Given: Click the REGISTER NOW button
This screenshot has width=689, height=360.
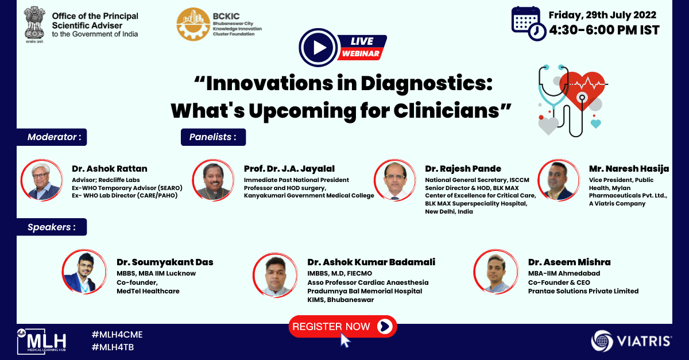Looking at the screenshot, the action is coord(342,327).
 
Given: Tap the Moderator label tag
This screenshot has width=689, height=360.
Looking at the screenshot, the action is coord(52,137).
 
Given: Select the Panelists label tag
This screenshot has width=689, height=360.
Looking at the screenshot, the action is coord(213,137).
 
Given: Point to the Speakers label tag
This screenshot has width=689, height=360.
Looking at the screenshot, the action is coord(52,227).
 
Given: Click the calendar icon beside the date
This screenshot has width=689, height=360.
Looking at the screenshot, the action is coord(528,24).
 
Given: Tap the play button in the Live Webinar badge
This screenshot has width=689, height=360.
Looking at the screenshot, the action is coord(318,48).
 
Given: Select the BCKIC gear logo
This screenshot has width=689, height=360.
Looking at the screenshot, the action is coord(193,24).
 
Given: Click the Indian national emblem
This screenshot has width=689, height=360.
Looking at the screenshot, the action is coord(34,25).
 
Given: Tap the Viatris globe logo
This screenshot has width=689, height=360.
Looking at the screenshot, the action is coord(602,341).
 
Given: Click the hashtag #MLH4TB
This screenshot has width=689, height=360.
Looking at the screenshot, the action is coord(113,347).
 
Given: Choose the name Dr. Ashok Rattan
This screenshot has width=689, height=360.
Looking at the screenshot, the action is coord(110,169).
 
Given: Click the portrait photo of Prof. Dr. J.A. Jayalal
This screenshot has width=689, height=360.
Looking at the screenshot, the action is coord(213,180).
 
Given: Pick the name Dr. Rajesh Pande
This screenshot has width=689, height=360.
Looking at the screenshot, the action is coord(463,169).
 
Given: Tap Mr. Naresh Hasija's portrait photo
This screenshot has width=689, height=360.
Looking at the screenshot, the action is coord(559,180).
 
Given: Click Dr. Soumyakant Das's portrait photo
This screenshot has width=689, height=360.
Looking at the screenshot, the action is coord(84,272).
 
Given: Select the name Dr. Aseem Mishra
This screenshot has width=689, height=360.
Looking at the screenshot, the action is coord(570,262).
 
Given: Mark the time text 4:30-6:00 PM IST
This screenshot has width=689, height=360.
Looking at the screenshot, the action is coord(604,30).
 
